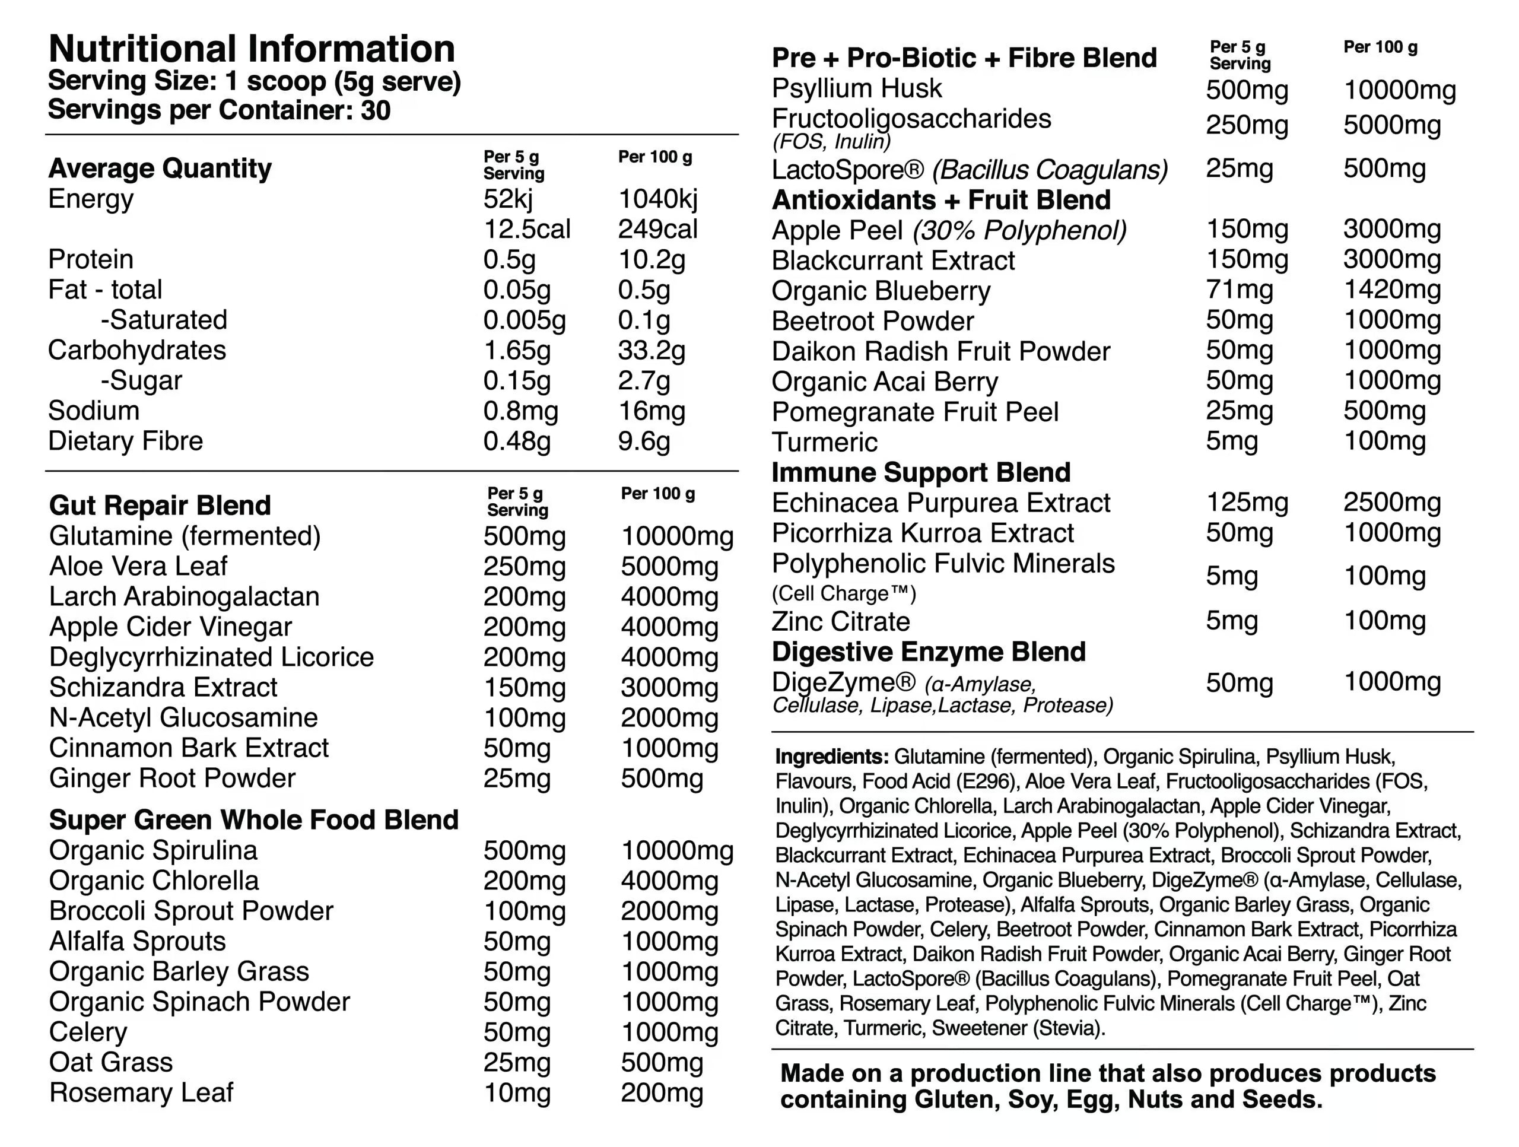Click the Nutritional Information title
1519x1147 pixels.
tap(252, 49)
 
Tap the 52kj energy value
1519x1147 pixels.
tap(507, 199)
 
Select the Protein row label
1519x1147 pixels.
tap(91, 260)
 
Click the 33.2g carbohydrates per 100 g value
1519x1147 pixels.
tap(651, 350)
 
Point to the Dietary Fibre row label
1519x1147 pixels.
tap(126, 441)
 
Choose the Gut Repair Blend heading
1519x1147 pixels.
tap(160, 506)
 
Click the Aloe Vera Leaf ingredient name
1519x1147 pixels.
tap(138, 566)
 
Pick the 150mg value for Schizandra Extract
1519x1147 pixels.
tap(524, 688)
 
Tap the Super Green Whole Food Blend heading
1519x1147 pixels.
tap(253, 820)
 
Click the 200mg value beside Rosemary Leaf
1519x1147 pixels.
tap(662, 1093)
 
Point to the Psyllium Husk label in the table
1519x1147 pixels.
tap(856, 88)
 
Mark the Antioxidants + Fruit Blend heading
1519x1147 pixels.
tap(941, 200)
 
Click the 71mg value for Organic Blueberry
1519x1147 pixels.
tap(1239, 290)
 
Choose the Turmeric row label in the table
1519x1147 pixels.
tap(824, 442)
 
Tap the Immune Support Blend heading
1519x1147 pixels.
tap(921, 472)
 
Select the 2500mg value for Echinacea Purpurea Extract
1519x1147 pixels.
tap(1391, 503)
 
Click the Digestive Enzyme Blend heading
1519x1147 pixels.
tap(929, 652)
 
